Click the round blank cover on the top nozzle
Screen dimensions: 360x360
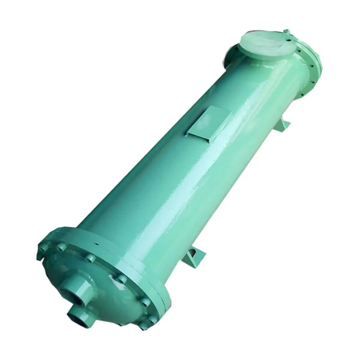pyautogui.click(x=267, y=44)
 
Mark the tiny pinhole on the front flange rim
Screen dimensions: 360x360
pyautogui.click(x=96, y=244)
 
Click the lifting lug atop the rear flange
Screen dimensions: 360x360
pyautogui.click(x=287, y=32)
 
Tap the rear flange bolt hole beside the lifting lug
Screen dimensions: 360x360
pyautogui.click(x=289, y=38)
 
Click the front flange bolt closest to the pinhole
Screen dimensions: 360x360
pyautogui.click(x=90, y=258)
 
